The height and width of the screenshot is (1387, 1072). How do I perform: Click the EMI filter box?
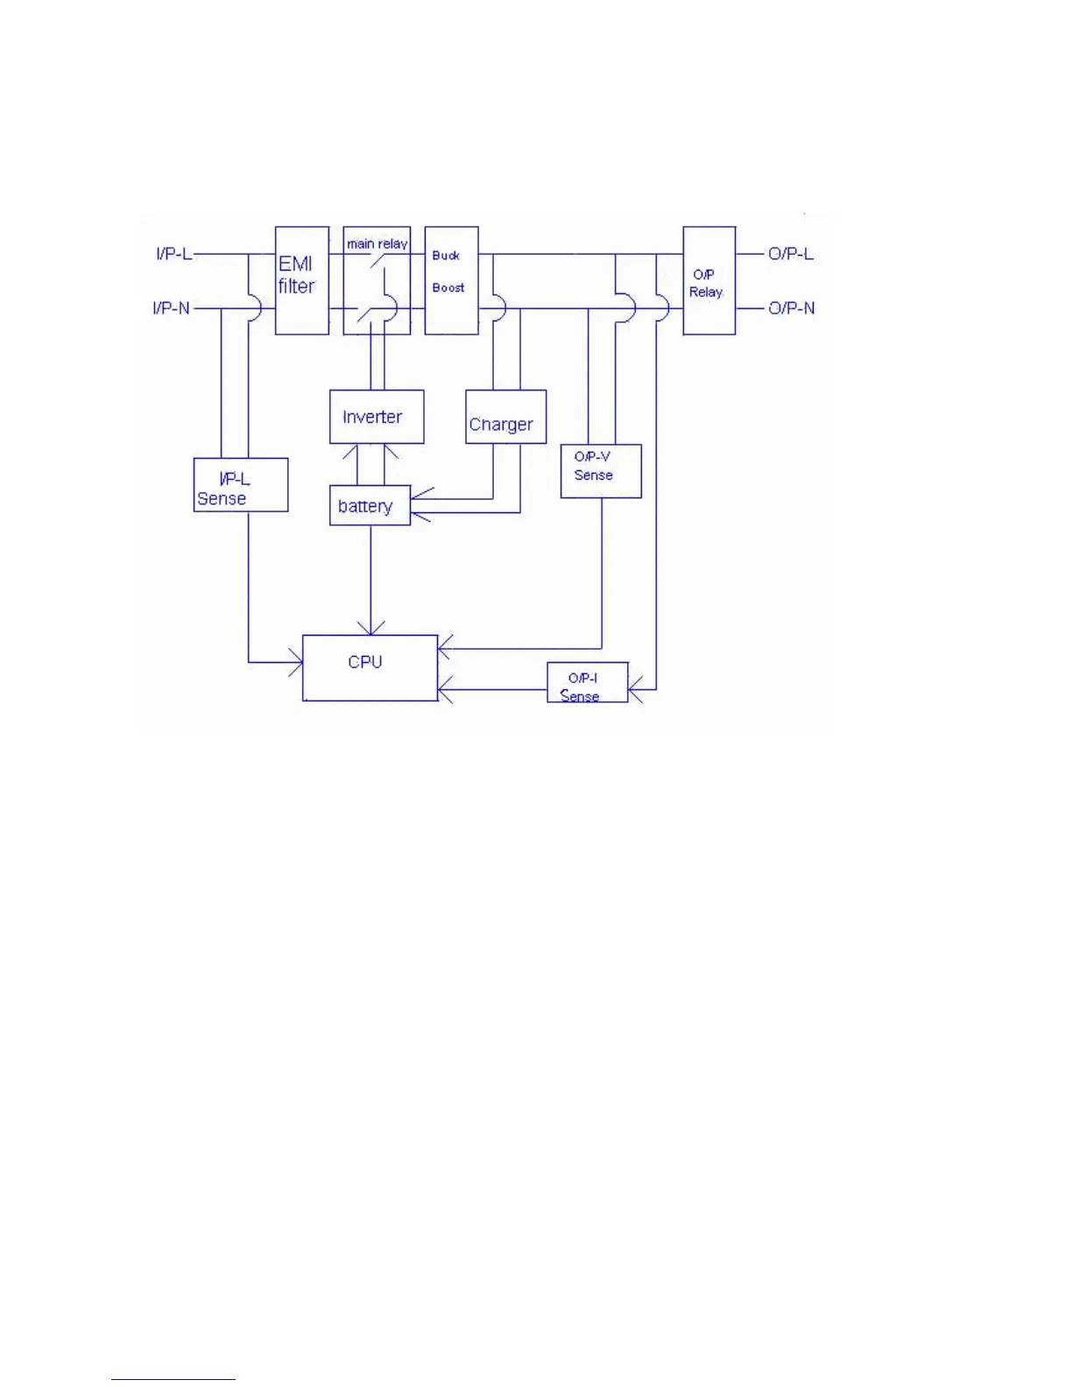[302, 280]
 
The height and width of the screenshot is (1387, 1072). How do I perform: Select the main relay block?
[377, 280]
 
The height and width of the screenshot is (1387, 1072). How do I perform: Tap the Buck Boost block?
[451, 280]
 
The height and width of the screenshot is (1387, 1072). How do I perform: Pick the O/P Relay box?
[709, 280]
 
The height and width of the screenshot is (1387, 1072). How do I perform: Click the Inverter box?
[377, 417]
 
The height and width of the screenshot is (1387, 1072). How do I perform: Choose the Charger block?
[505, 417]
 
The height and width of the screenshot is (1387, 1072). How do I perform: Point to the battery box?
[370, 505]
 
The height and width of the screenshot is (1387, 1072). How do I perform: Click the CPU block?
[370, 667]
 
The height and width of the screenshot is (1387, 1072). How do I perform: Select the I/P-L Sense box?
[240, 484]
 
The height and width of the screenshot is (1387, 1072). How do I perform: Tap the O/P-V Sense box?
[601, 471]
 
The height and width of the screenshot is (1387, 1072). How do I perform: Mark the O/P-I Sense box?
[587, 682]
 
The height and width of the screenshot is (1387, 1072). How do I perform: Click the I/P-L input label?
[173, 254]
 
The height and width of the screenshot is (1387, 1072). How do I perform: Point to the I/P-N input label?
[172, 308]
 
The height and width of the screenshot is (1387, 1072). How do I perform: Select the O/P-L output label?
[791, 254]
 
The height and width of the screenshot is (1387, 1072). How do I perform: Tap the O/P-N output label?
[791, 308]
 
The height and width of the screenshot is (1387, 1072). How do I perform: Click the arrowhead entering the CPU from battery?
[370, 628]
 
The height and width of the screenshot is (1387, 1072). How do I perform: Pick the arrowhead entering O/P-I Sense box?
[636, 690]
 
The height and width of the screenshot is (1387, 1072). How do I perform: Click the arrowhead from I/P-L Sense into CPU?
[296, 662]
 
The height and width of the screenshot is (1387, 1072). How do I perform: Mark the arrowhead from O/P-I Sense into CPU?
[445, 690]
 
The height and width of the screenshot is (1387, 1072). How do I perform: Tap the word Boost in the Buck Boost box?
[448, 287]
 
